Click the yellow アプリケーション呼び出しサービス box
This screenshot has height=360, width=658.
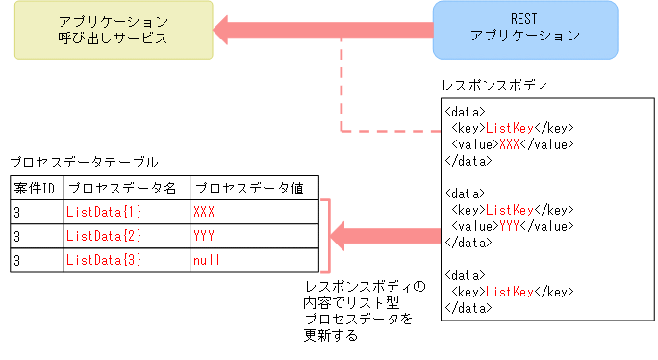[112, 30]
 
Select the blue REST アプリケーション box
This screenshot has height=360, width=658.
[524, 29]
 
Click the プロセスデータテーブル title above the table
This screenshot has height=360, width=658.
[84, 163]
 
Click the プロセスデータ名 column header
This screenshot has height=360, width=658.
[125, 187]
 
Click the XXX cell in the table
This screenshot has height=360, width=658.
[205, 211]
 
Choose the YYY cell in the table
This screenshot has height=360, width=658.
[205, 236]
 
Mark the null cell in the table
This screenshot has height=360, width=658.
[208, 261]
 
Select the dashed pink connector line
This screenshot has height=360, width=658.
[342, 96]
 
